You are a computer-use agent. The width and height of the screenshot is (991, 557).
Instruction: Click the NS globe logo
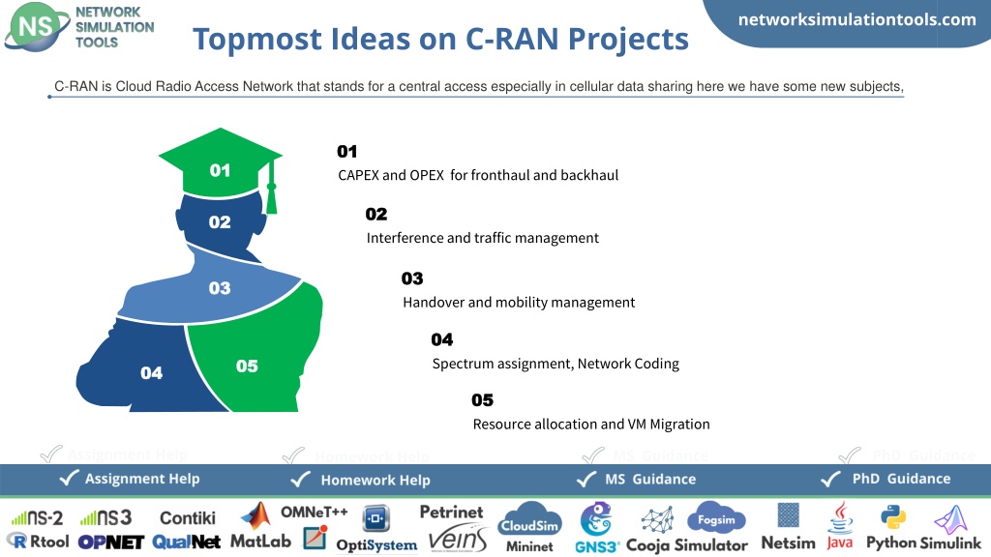point(37,26)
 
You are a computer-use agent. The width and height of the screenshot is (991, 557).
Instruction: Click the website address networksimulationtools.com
point(857,19)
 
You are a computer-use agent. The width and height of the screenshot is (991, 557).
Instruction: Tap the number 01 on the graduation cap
point(220,170)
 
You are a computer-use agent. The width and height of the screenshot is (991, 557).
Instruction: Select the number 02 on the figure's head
point(220,221)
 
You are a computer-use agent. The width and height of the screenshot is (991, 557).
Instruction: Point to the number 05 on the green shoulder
point(247,366)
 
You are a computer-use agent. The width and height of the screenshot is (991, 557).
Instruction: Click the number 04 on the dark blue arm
point(152,372)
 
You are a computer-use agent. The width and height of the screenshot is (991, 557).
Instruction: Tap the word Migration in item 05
point(679,425)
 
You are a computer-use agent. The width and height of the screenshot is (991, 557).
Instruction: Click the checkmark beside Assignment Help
point(69,478)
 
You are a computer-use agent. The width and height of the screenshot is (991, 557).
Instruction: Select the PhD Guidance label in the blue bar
point(901,479)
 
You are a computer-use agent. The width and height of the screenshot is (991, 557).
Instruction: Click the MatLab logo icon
point(255,516)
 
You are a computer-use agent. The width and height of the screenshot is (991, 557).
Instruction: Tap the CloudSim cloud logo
point(529,519)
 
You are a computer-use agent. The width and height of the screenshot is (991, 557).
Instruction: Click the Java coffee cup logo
point(841,518)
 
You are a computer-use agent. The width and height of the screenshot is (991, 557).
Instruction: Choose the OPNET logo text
point(111,542)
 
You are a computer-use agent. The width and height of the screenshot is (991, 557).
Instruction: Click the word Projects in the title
point(627,39)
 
